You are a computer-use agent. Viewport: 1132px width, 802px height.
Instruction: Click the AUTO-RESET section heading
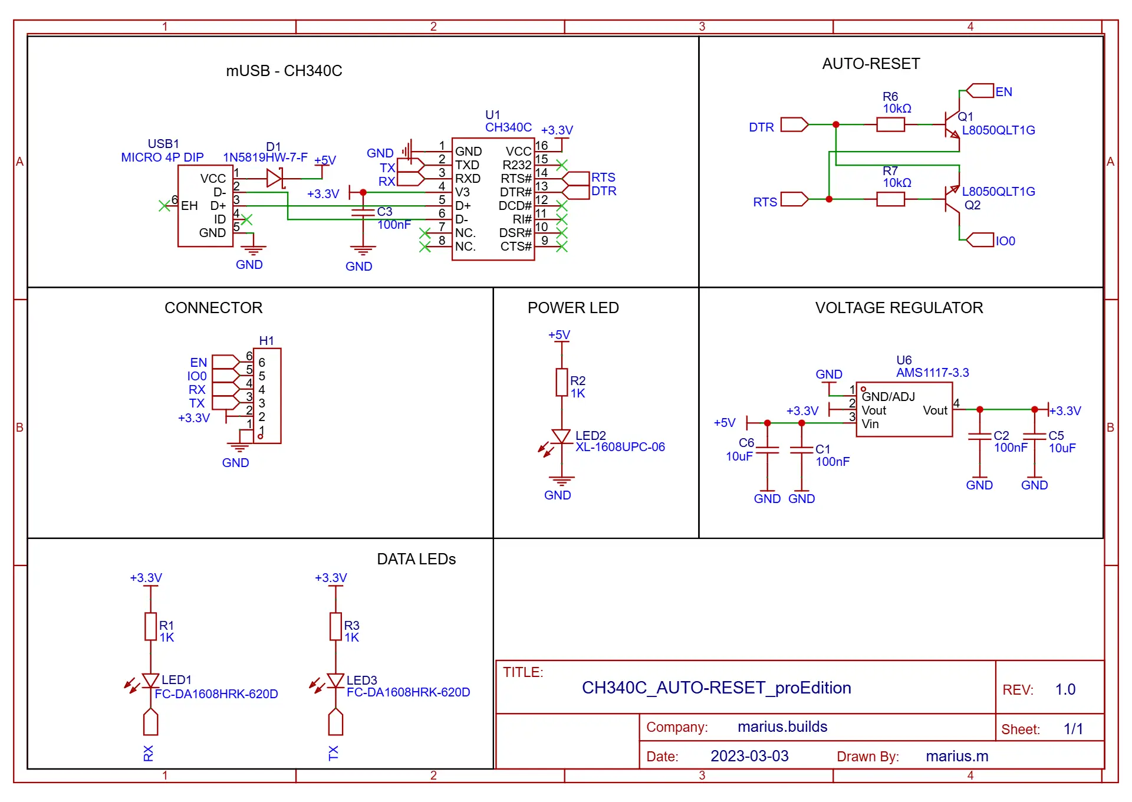tap(871, 64)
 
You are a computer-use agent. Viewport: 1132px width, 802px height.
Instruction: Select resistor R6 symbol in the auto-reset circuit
tap(890, 124)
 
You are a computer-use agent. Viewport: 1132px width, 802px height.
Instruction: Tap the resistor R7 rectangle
tap(890, 199)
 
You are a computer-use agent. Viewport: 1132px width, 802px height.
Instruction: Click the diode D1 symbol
tap(275, 178)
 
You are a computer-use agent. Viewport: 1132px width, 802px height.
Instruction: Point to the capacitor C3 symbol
tap(363, 212)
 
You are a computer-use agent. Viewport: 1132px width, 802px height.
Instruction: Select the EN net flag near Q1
tap(980, 91)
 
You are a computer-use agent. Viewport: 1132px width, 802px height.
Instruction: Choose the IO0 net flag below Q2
tap(980, 240)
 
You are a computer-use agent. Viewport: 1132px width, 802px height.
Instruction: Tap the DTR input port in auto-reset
tap(794, 124)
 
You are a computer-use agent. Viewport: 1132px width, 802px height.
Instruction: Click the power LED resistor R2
tap(562, 383)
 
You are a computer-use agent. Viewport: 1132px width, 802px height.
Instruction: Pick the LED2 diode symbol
tap(561, 437)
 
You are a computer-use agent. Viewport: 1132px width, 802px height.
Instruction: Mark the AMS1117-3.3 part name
tap(933, 373)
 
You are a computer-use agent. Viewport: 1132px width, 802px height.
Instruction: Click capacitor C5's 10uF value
tap(1062, 448)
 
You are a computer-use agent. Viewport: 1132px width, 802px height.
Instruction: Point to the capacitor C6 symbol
tap(767, 450)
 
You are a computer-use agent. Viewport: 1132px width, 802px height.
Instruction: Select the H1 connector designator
tap(266, 341)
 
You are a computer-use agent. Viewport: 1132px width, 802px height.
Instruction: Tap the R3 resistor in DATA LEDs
tap(335, 627)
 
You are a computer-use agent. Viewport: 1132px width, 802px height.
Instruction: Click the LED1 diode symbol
tap(151, 681)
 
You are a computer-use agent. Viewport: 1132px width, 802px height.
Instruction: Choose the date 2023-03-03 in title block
tap(749, 756)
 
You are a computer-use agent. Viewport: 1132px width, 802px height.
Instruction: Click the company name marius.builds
tap(782, 727)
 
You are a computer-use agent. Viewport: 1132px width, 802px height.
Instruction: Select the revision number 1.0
tap(1065, 689)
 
